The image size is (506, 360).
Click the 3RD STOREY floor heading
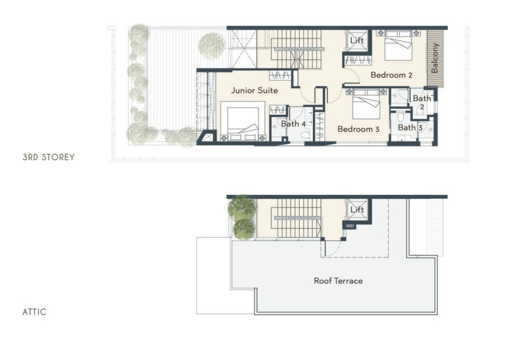click(x=49, y=157)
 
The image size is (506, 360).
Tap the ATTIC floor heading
click(x=35, y=312)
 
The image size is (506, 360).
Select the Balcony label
click(x=435, y=58)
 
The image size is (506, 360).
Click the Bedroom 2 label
click(x=391, y=75)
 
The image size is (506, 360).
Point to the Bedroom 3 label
click(x=358, y=130)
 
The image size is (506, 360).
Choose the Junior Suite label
click(x=255, y=91)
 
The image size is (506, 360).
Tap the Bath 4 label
click(x=294, y=124)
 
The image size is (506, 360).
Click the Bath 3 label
click(x=410, y=128)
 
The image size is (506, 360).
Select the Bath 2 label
click(x=422, y=102)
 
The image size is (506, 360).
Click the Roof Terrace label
click(x=338, y=281)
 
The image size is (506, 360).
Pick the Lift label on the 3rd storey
click(x=357, y=40)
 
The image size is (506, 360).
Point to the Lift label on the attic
click(x=357, y=210)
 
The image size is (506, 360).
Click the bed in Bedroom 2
click(x=398, y=45)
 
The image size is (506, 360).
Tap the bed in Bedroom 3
click(x=366, y=104)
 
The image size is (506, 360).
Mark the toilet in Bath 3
click(x=401, y=116)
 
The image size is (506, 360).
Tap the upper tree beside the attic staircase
click(x=241, y=207)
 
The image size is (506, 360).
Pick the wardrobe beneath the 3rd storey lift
click(x=358, y=60)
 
